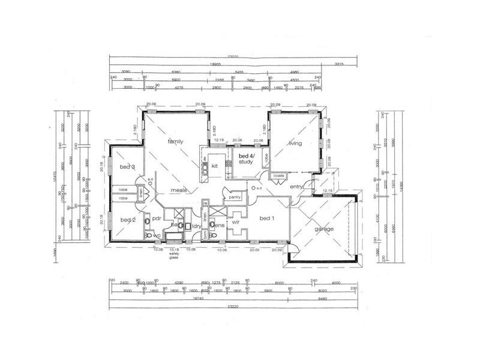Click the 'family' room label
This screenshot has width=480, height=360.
175,142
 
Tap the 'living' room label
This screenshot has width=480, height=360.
295,143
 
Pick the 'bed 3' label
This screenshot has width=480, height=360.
127,167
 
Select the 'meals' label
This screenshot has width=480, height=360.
179,190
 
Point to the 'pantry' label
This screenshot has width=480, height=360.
235,196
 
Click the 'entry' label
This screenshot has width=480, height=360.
296,187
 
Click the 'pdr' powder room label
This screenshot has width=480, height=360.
155,219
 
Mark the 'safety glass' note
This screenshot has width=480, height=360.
174,254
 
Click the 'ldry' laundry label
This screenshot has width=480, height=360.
195,226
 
